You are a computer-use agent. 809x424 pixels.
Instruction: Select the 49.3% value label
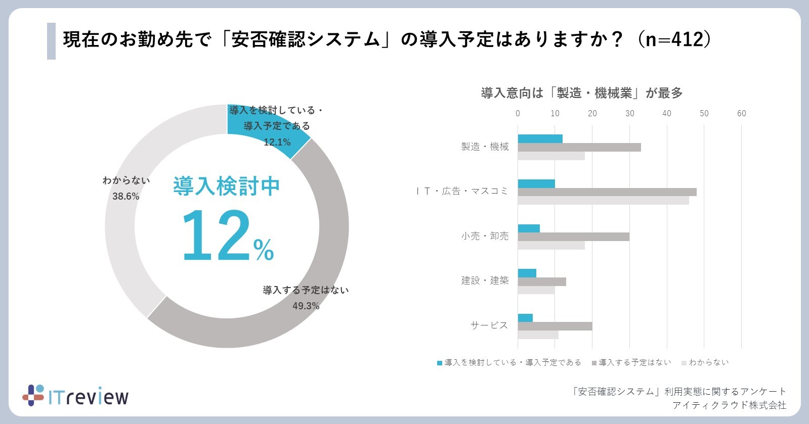[x=306, y=306]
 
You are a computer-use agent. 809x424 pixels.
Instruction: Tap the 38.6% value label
[x=125, y=196]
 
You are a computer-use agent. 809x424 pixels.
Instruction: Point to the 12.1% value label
[x=277, y=142]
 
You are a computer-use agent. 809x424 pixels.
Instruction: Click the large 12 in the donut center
[x=215, y=235]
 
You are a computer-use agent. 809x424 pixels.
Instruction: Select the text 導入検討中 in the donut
[x=226, y=186]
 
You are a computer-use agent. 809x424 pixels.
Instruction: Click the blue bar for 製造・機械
[x=540, y=139]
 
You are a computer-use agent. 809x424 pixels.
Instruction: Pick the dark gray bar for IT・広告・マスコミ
[x=607, y=192]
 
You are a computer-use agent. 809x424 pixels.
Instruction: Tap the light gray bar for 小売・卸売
[x=551, y=245]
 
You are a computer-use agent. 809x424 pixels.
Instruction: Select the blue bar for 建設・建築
[x=527, y=273]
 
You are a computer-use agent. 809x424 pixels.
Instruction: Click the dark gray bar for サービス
[x=555, y=326]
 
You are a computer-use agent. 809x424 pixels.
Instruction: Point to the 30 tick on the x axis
[x=629, y=113]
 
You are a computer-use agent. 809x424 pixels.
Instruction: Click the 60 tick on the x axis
[x=741, y=113]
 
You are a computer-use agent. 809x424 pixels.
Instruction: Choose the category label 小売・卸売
[x=485, y=236]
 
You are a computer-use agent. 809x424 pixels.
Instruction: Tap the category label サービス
[x=489, y=325]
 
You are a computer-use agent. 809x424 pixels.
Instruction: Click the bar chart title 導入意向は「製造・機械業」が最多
[x=582, y=93]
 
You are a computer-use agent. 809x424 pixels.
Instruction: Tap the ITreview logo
[x=76, y=396]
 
